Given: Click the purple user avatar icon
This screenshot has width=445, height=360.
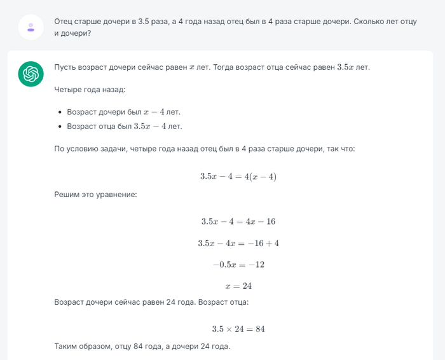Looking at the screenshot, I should (31, 27).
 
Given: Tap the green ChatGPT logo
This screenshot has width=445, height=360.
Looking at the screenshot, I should (31, 75).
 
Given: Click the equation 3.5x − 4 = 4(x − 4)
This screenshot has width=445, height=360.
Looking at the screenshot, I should (238, 176).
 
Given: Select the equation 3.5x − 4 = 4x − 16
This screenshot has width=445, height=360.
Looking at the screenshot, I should (238, 221).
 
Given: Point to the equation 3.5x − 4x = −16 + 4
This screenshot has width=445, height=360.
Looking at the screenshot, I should (238, 243).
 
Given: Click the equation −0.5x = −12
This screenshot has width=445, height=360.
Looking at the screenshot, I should (238, 264).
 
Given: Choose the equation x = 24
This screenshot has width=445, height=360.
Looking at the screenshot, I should (238, 286).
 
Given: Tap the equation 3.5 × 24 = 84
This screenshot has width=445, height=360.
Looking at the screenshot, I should (238, 329).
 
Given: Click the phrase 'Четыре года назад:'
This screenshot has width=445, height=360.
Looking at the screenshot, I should (85, 90).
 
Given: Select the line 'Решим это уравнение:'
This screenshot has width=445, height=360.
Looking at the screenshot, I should (95, 193).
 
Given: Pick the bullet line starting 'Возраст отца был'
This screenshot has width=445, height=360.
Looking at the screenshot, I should (124, 126).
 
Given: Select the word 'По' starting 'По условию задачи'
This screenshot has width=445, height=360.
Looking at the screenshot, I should (60, 148).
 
